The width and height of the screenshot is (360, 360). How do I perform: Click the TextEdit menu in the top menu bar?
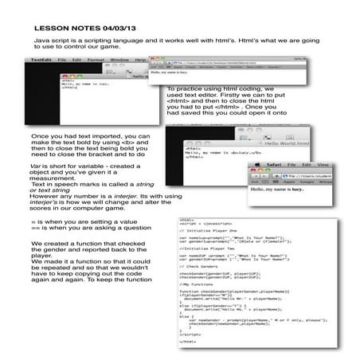[41, 59]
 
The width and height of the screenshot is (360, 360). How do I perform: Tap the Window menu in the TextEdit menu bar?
[120, 59]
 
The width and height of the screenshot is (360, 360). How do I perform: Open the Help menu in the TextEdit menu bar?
[141, 59]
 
